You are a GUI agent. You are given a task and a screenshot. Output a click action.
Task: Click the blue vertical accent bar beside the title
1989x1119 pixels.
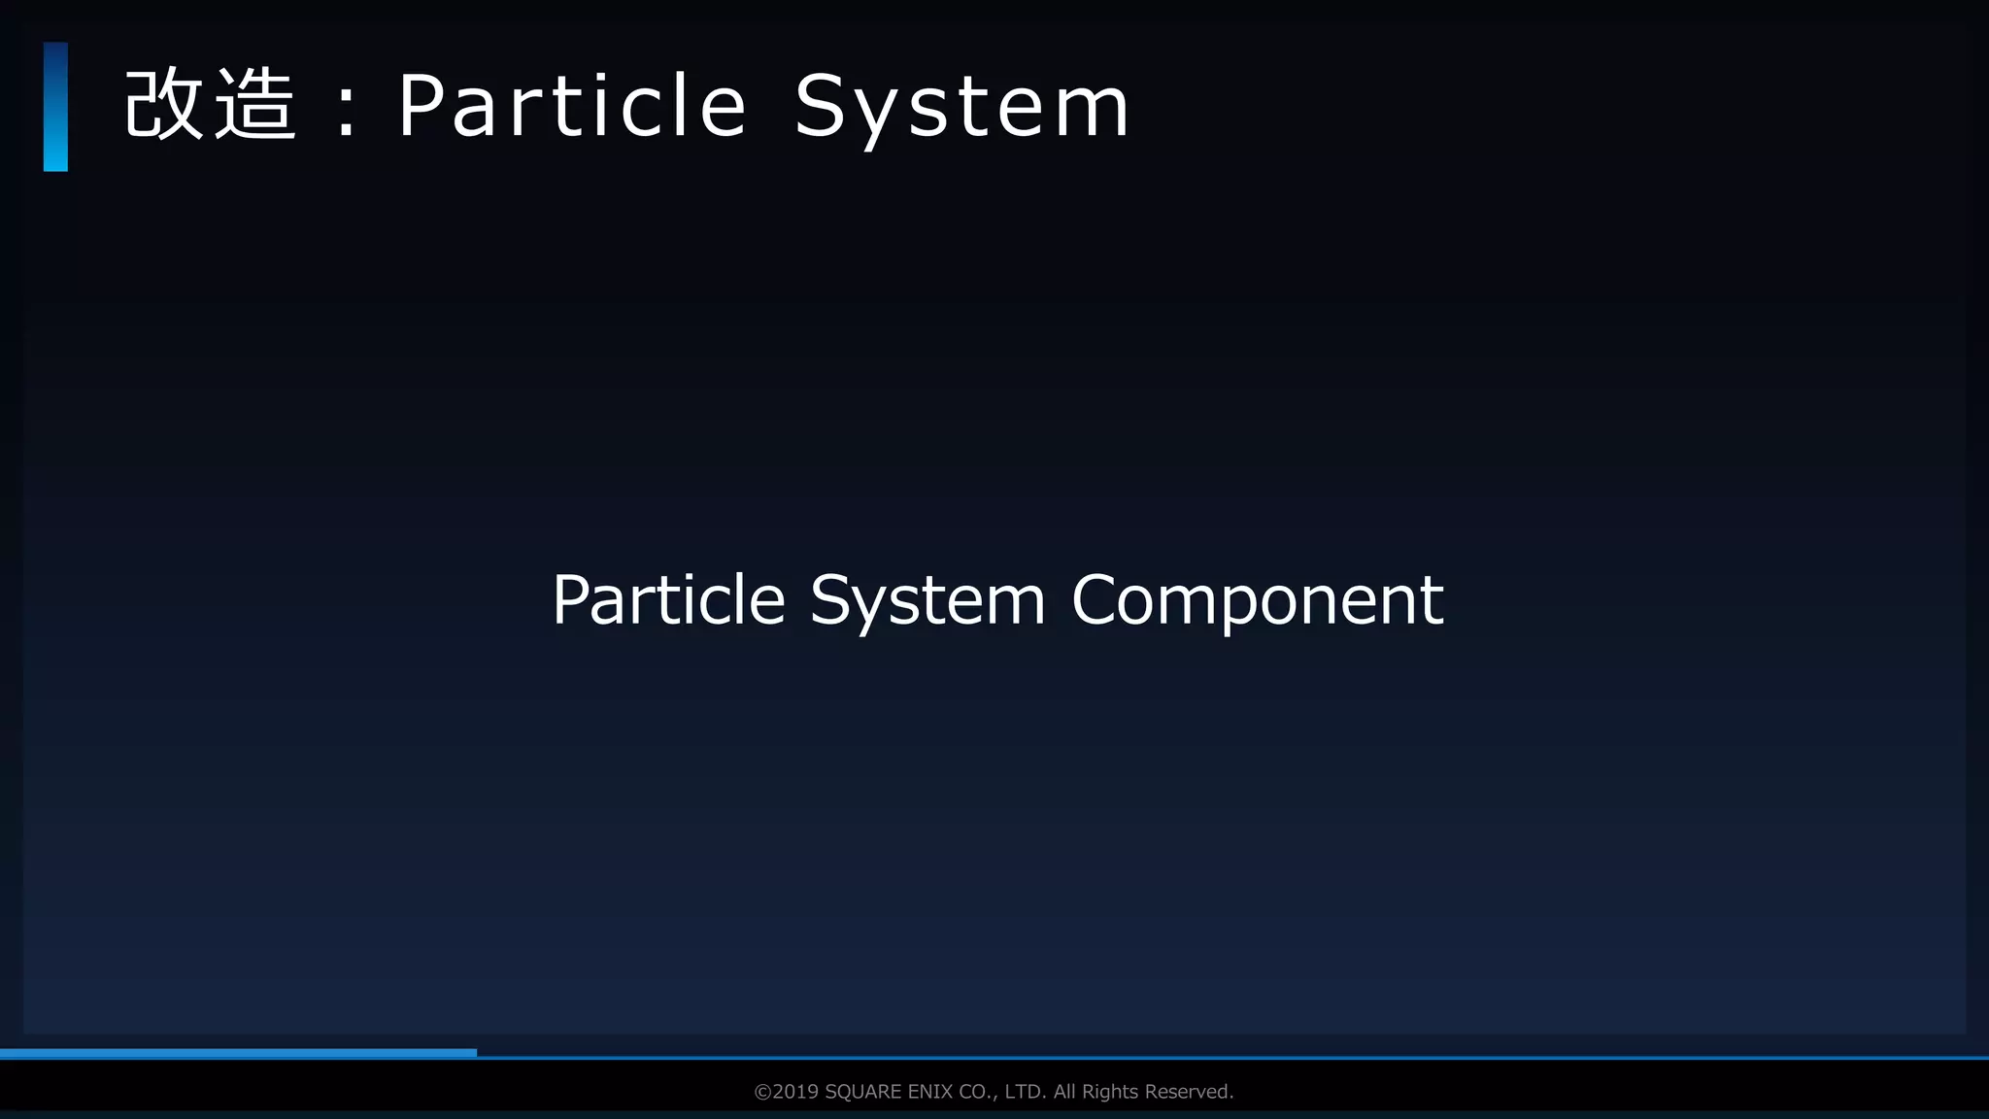click(55, 107)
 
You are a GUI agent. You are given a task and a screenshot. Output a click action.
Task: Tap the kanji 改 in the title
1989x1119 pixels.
click(163, 105)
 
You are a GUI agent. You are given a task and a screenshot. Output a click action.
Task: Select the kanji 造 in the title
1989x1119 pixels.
click(254, 105)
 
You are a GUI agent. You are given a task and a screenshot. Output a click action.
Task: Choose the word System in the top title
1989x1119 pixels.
click(961, 109)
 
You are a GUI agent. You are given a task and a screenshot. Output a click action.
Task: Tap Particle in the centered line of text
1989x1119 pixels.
click(668, 599)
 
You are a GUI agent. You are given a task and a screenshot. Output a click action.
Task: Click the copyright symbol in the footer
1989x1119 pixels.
click(762, 1092)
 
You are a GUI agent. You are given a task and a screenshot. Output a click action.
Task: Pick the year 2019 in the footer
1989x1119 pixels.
click(795, 1092)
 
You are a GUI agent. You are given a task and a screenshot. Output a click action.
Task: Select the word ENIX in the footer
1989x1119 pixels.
click(929, 1092)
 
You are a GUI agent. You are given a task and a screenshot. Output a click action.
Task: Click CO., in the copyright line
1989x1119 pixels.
click(978, 1092)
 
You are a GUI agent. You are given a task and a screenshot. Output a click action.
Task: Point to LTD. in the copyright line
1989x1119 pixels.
click(1026, 1092)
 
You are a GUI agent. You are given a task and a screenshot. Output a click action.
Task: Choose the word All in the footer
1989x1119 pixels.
click(1065, 1092)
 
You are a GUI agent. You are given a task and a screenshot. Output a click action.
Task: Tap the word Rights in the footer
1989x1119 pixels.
click(1110, 1092)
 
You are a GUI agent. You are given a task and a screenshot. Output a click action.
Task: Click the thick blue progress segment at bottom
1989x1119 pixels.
click(238, 1053)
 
